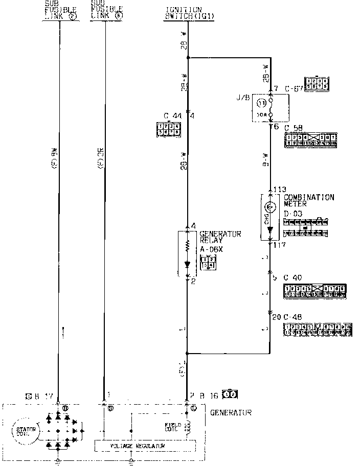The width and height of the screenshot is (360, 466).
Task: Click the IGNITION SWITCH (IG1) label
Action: pos(183,13)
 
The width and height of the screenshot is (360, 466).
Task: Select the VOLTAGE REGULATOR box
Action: pos(145,446)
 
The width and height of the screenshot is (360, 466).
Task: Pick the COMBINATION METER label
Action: pos(309,200)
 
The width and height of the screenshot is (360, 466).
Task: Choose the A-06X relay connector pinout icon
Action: pos(208,262)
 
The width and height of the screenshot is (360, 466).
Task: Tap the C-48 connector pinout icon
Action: pos(318,330)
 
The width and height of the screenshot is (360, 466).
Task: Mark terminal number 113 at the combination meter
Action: pos(279,189)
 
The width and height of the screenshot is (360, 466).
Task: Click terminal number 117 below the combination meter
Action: pos(279,245)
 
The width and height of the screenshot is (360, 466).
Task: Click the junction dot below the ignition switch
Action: pos(188,57)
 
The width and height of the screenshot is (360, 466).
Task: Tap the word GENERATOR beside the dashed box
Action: pos(231,412)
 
